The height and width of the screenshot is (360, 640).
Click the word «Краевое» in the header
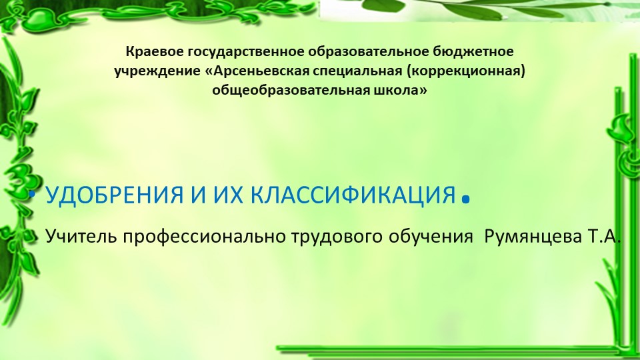(x=147, y=51)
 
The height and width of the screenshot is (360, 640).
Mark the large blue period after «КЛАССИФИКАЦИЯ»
(x=466, y=199)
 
